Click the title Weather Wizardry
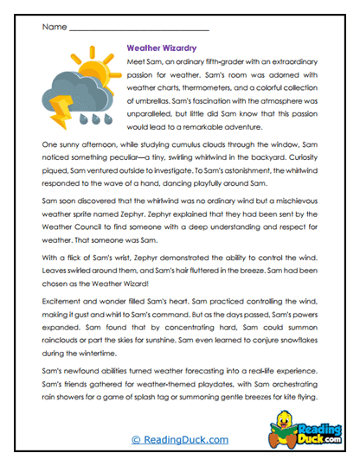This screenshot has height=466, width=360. (164, 50)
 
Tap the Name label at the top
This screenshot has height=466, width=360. (53, 28)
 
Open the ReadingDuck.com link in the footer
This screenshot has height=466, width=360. (179, 439)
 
